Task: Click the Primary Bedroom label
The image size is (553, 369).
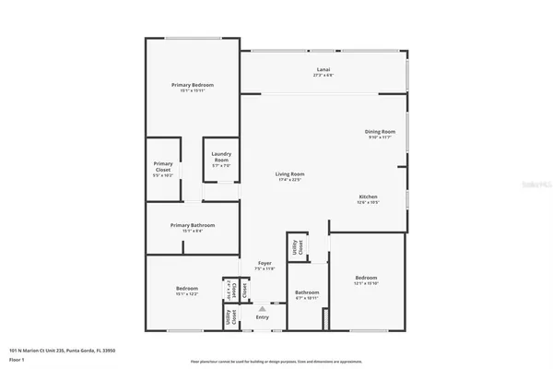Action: [192, 85]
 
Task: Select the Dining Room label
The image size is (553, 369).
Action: [381, 132]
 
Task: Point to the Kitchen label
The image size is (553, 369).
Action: [368, 196]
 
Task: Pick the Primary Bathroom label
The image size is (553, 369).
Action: [192, 225]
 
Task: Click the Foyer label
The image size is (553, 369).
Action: [265, 264]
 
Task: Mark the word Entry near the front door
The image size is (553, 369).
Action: [263, 317]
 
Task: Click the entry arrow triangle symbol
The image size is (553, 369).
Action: [263, 308]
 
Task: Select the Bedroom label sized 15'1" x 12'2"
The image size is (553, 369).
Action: [187, 289]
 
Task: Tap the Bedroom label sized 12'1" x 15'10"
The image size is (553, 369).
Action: [366, 278]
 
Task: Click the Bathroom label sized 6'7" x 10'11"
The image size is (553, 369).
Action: [307, 292]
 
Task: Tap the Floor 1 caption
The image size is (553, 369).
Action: [17, 358]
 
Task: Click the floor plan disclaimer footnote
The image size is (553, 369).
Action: [276, 361]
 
